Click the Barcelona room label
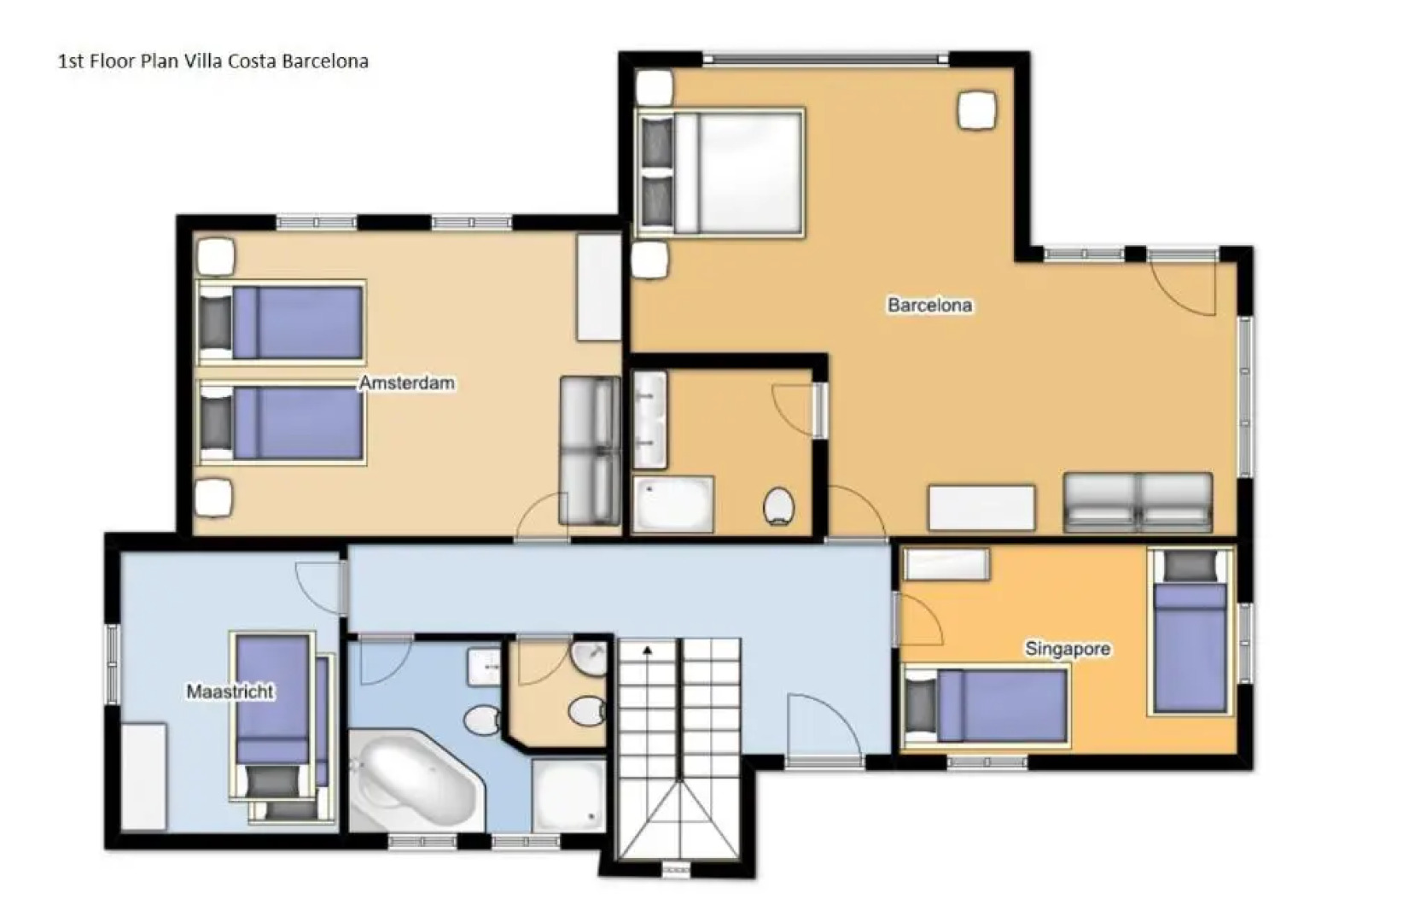929,305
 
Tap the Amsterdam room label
406,382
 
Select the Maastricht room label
230,691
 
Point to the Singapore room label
1068,649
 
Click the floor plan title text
212,61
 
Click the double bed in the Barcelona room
721,172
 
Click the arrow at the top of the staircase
648,651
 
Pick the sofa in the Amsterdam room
590,450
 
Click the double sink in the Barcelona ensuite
650,419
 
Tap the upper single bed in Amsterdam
282,323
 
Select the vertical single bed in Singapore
1190,632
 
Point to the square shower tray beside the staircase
568,794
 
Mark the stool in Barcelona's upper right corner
977,110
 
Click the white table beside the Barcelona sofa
981,507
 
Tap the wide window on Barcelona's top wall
825,59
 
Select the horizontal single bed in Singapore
987,706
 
